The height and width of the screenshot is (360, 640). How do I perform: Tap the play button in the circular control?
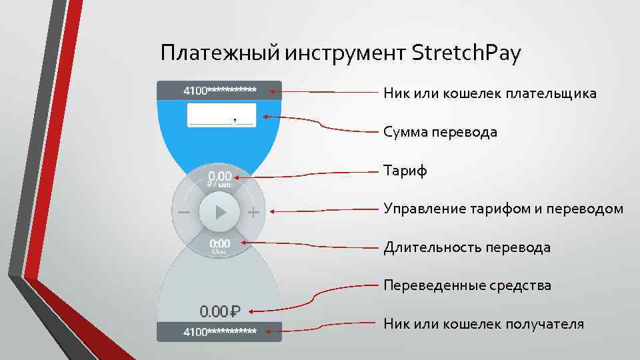pos(219,212)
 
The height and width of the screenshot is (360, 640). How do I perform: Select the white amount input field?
pos(222,114)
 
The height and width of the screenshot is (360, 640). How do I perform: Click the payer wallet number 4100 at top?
pos(219,90)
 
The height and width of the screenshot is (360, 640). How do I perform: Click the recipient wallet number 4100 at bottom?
pos(219,331)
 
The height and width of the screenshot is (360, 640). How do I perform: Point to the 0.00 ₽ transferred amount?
pos(220,311)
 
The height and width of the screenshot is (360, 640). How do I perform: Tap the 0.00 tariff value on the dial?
pos(220,177)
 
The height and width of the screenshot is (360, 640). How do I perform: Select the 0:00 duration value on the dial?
pos(220,244)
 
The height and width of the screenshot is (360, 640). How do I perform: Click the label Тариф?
pos(405,171)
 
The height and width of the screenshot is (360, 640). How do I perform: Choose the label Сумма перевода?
pos(440,132)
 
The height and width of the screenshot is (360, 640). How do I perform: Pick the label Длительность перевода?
pos(467,247)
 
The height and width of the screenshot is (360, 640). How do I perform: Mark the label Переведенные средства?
pos(467,285)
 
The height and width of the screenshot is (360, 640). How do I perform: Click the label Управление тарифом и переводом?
pos(503,209)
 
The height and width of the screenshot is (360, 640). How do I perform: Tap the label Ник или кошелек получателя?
pos(483,324)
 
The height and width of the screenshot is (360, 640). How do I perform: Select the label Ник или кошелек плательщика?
pos(490,93)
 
